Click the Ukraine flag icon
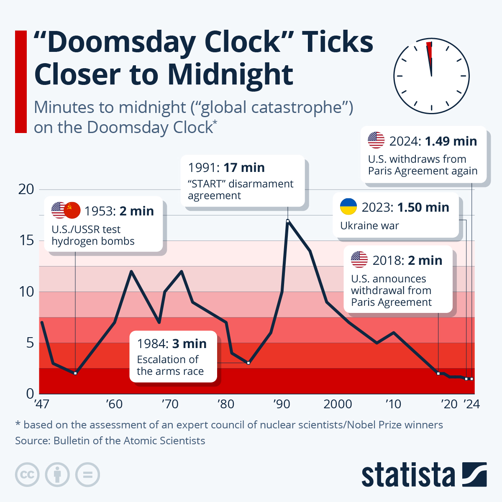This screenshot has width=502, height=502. pyautogui.click(x=348, y=207)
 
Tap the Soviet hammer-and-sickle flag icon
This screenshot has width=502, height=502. pyautogui.click(x=72, y=210)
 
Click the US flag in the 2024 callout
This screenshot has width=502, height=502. pyautogui.click(x=376, y=140)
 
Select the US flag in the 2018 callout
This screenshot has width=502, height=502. pyautogui.click(x=359, y=260)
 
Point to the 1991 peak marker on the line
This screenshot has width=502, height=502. pyautogui.click(x=288, y=221)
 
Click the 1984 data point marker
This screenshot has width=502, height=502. pyautogui.click(x=248, y=363)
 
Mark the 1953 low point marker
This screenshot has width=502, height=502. pyautogui.click(x=75, y=373)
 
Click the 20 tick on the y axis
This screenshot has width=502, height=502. pyautogui.click(x=26, y=189)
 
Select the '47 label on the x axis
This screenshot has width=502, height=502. pyautogui.click(x=41, y=404)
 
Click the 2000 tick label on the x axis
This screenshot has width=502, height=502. pyautogui.click(x=338, y=404)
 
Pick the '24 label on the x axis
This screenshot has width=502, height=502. pyautogui.click(x=471, y=404)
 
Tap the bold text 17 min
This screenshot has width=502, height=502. pyautogui.click(x=244, y=168)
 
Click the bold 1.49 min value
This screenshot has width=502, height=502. pyautogui.click(x=451, y=141)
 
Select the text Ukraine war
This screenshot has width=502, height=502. pyautogui.click(x=369, y=226)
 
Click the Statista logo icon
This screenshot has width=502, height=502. pyautogui.click(x=474, y=474)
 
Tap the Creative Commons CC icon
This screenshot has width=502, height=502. pyautogui.click(x=27, y=474)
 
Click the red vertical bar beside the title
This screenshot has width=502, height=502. pyautogui.click(x=21, y=82)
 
